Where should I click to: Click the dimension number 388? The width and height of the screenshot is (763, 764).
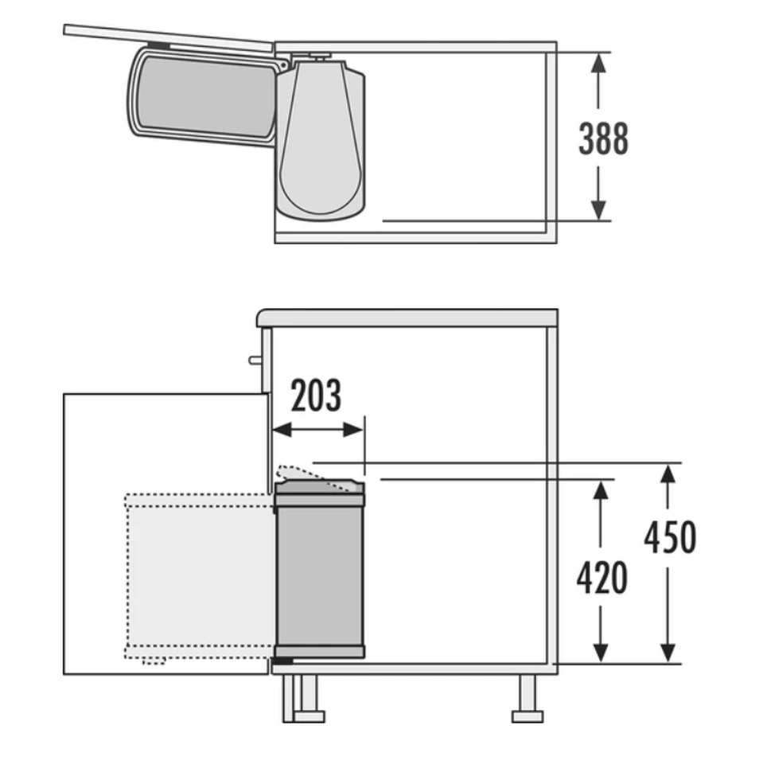click(x=603, y=138)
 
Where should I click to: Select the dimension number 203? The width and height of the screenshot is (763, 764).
click(x=316, y=396)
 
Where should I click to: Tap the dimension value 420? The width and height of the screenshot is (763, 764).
click(x=601, y=578)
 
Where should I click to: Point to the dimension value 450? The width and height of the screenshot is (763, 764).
click(x=670, y=537)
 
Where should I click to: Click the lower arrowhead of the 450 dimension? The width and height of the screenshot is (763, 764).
click(x=668, y=651)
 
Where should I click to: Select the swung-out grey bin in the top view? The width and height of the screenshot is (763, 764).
click(x=203, y=96)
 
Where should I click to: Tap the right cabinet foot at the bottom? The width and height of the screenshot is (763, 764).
click(x=527, y=700)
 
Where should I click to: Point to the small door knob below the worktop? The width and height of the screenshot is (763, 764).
click(x=255, y=360)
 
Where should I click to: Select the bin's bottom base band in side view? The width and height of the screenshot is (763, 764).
click(x=320, y=653)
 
